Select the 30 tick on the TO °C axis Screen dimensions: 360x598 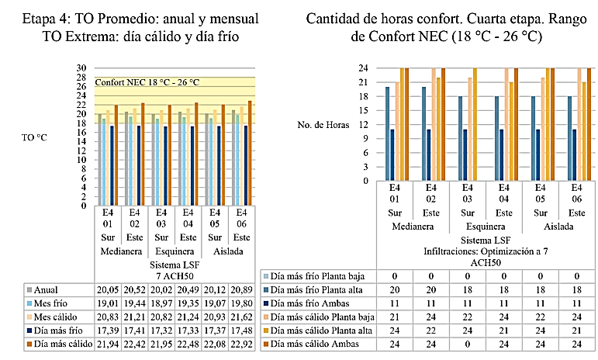coord(80,67)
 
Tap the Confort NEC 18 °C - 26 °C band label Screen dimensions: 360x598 coord(147,82)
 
